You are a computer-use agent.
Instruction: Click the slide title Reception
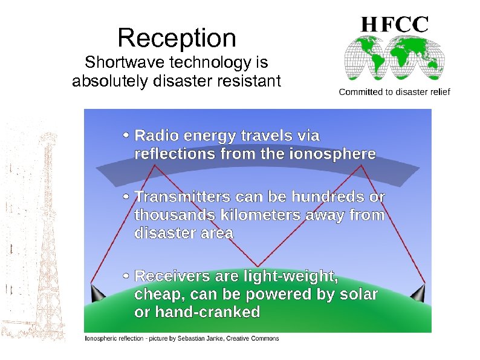[x=177, y=38]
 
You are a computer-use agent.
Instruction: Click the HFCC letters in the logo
[x=395, y=24]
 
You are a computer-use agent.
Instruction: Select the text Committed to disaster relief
[x=394, y=92]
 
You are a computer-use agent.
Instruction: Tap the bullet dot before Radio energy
[x=125, y=135]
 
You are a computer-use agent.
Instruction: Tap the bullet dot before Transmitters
[x=125, y=197]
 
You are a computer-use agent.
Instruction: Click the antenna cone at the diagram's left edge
[x=97, y=293]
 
